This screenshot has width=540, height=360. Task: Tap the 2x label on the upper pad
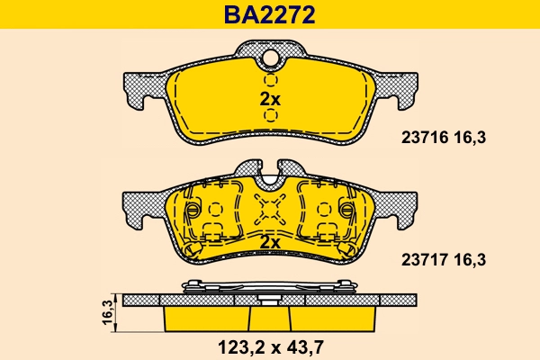270,99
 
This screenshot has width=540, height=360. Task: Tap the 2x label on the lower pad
270,243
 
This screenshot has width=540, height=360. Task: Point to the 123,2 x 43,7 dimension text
269,346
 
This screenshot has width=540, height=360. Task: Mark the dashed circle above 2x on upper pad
270,80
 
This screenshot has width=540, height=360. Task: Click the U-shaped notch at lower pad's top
270,171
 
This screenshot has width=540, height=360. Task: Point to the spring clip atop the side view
270,286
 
